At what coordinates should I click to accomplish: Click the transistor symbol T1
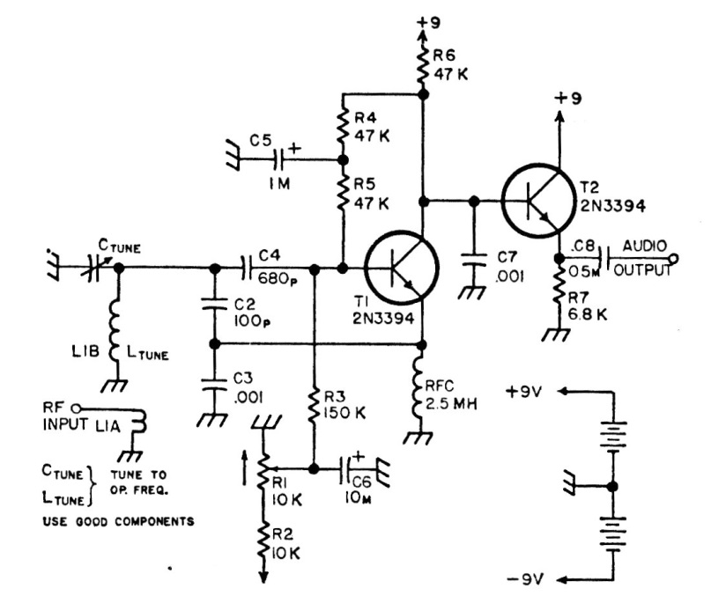(401, 268)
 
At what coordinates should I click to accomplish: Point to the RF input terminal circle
(77, 408)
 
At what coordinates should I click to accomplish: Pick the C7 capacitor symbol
(476, 259)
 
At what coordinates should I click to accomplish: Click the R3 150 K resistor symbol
(314, 404)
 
